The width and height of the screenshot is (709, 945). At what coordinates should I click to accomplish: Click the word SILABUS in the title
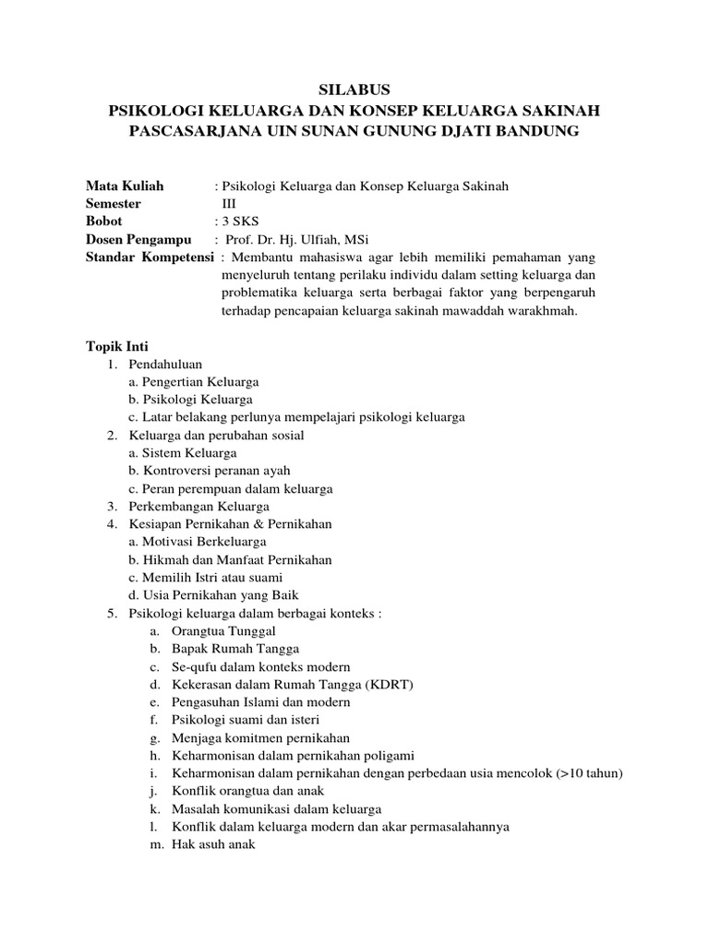[x=354, y=90]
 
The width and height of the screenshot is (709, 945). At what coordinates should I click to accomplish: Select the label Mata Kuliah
[x=125, y=185]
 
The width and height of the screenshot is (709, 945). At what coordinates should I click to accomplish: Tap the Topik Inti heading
[x=110, y=346]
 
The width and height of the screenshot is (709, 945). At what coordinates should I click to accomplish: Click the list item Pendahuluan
[x=165, y=364]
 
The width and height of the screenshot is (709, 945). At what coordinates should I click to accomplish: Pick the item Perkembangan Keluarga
[x=198, y=506]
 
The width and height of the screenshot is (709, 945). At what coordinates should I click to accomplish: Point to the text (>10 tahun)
[x=590, y=772]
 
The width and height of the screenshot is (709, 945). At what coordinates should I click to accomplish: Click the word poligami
[x=391, y=755]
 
